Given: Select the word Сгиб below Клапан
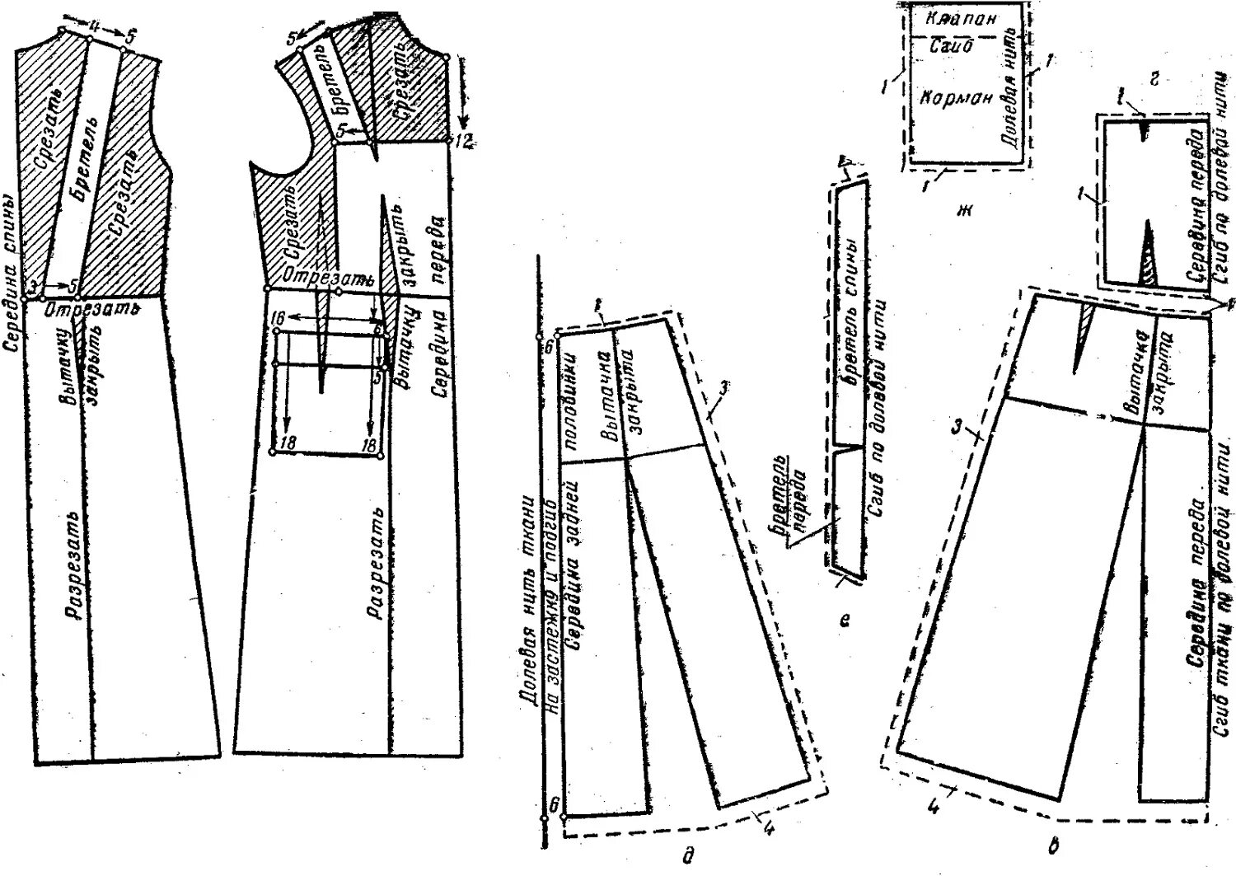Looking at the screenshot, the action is tap(951, 47).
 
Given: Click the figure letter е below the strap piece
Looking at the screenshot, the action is tap(844, 621).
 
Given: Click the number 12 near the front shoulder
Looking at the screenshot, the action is tap(463, 142).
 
